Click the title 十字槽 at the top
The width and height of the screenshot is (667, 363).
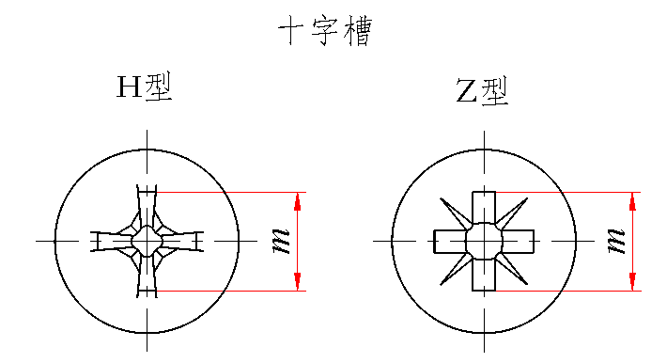325,31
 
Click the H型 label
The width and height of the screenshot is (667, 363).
145,87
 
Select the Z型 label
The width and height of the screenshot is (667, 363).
482,90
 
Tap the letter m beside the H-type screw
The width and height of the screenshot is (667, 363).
281,241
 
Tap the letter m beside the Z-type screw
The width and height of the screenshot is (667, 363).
617,241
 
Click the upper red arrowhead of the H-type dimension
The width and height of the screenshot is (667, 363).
298,201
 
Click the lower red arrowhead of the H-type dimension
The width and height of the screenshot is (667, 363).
298,281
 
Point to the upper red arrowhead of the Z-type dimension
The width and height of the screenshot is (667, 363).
632,201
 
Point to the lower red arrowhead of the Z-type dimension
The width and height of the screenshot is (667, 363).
632,281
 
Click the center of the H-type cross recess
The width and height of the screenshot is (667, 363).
147,241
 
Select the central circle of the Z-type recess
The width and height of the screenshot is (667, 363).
484,241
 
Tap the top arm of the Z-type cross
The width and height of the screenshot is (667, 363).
484,208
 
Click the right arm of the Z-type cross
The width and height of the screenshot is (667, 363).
519,241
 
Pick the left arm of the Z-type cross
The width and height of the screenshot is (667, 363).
450,241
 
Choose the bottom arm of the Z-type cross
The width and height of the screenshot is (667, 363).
484,275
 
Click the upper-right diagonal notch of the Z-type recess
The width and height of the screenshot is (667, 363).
512,213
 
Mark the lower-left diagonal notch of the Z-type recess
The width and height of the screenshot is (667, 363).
456,270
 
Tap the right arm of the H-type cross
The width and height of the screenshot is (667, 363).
182,241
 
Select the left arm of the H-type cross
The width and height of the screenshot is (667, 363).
112,241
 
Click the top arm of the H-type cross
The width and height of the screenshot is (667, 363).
147,206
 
